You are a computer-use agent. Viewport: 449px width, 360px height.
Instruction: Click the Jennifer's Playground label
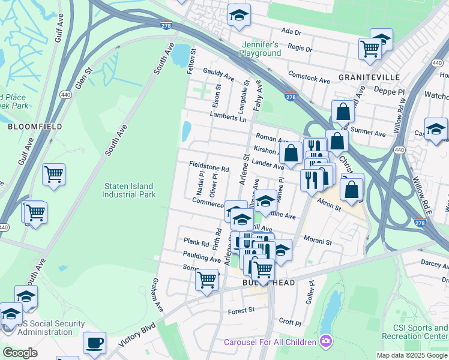point(261,49)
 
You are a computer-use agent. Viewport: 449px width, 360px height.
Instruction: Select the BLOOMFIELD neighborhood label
point(26,127)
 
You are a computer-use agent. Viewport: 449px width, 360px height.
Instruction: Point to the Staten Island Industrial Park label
point(129,191)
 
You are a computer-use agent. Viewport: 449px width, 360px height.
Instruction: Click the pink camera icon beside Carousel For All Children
point(325,342)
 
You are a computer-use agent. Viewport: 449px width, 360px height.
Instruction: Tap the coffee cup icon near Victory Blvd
point(94,343)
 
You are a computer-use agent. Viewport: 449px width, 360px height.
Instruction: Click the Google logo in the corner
point(20,353)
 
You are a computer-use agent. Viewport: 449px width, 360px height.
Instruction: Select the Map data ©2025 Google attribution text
point(412,355)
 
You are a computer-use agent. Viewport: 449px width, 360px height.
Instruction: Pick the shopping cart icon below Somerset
point(207,279)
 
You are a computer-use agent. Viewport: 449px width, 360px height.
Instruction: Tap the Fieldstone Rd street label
point(209,170)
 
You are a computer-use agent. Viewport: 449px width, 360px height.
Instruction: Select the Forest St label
point(241,311)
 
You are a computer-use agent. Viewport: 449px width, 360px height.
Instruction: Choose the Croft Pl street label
point(290,323)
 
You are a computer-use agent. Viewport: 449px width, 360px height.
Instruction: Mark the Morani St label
point(318,242)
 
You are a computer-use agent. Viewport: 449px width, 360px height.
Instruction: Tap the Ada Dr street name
point(290,31)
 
